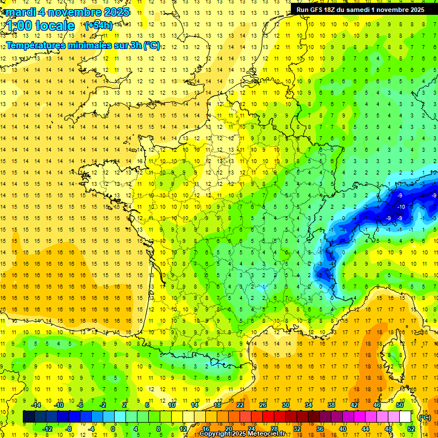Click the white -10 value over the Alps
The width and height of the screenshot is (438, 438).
point(401,206)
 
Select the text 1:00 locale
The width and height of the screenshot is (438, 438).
point(40,26)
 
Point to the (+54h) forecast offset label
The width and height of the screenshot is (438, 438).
point(99,26)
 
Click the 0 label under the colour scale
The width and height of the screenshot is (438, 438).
point(113,429)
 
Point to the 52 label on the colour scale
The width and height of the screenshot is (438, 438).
point(411,429)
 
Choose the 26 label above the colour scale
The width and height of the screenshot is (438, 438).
point(263,405)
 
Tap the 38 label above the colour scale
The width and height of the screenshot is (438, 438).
point(331,405)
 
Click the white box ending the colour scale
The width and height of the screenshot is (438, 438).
point(405,417)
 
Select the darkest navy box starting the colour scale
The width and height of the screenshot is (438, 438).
point(29,417)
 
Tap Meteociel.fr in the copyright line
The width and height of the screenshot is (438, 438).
point(267,434)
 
